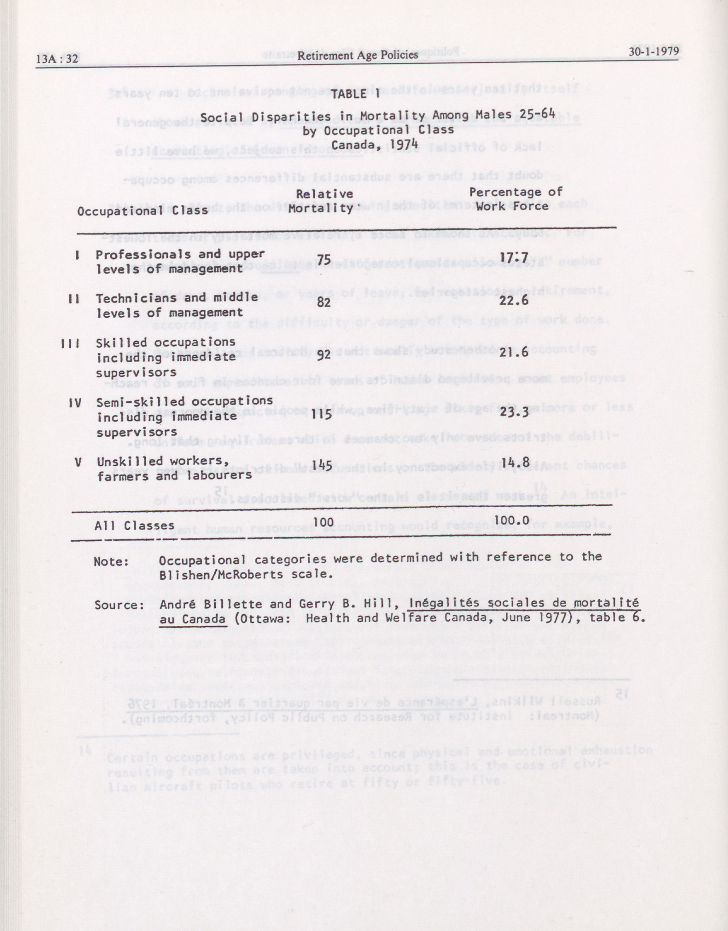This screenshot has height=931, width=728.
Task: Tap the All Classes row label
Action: tap(134, 526)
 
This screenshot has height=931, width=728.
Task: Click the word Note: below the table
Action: tap(111, 561)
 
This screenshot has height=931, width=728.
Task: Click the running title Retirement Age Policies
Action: tap(358, 55)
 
